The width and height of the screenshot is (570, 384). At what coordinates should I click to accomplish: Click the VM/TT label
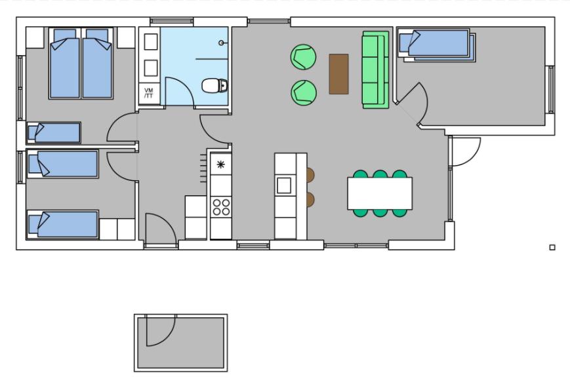tap(149, 93)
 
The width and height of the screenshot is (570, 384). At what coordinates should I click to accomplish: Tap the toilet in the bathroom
tap(215, 86)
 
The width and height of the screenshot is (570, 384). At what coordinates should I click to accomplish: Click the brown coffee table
tap(339, 74)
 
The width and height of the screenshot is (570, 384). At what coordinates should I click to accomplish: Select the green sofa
tap(375, 69)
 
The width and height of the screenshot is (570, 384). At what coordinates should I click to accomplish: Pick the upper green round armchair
tap(303, 56)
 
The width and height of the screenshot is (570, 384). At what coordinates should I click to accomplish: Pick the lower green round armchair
tap(304, 92)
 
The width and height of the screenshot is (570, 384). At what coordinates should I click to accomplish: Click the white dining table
tap(380, 193)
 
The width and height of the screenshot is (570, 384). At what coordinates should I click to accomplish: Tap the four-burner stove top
tap(221, 206)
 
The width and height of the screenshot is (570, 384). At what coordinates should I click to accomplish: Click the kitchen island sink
tap(284, 185)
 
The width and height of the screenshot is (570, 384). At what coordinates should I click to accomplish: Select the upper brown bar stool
tap(310, 175)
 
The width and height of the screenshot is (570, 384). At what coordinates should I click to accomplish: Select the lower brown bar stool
tap(310, 199)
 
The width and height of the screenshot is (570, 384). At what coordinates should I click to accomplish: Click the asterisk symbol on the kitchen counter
tap(220, 164)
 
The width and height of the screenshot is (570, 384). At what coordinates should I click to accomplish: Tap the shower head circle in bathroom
tap(222, 43)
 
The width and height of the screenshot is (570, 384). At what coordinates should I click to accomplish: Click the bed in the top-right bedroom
tap(437, 45)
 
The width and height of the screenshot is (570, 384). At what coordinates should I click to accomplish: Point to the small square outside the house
tap(552, 248)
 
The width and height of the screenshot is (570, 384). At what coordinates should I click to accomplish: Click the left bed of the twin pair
tap(65, 64)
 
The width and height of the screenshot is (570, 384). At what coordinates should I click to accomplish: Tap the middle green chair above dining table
tap(380, 174)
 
